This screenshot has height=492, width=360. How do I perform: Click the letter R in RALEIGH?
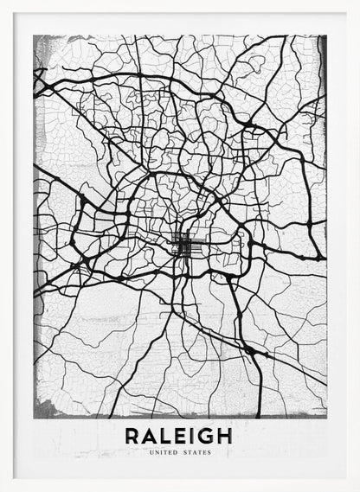(132, 437)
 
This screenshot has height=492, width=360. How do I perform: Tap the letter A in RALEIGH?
(151, 437)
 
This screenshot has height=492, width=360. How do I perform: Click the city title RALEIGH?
(179, 437)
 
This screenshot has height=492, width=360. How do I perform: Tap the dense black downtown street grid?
(183, 247)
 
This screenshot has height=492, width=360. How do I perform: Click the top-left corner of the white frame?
(3, 3)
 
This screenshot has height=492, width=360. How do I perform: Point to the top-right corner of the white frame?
(357, 3)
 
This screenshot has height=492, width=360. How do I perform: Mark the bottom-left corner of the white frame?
(3, 489)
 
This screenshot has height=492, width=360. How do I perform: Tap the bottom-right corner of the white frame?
(357, 489)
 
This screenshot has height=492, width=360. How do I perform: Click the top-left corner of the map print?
(34, 35)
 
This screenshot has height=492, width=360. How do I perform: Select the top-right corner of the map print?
(326, 35)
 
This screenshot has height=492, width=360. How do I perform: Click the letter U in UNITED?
(151, 452)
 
